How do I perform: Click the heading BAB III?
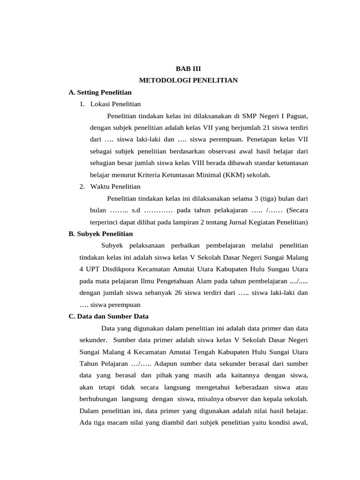pyautogui.click(x=188, y=68)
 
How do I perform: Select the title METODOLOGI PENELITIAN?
pyautogui.click(x=188, y=81)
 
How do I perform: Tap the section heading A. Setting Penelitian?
pyautogui.click(x=100, y=92)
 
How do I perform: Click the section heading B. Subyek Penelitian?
pyautogui.click(x=101, y=233)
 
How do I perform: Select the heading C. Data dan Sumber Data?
pyautogui.click(x=108, y=316)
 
